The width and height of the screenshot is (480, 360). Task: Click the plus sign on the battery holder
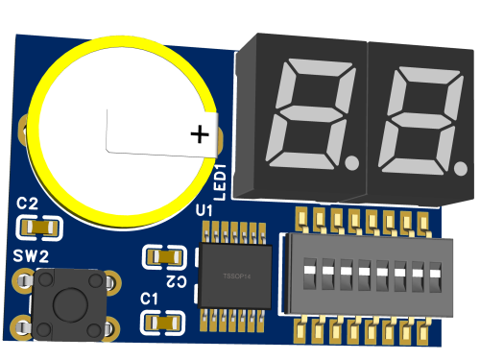(x=199, y=134)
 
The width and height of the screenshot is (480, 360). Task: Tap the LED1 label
(x=220, y=181)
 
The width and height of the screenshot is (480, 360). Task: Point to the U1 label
(x=204, y=209)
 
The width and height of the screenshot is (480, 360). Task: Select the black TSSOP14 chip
(x=233, y=275)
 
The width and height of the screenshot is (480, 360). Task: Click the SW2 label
(x=31, y=255)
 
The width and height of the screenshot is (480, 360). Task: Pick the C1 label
(x=149, y=299)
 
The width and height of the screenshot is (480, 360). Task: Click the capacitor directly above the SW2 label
(x=40, y=228)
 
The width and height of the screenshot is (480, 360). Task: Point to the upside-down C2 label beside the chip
(x=177, y=279)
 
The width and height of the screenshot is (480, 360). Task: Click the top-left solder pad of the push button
(x=21, y=282)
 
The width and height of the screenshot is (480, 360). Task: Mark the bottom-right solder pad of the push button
(x=112, y=327)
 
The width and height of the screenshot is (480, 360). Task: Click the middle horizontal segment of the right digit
(x=405, y=120)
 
